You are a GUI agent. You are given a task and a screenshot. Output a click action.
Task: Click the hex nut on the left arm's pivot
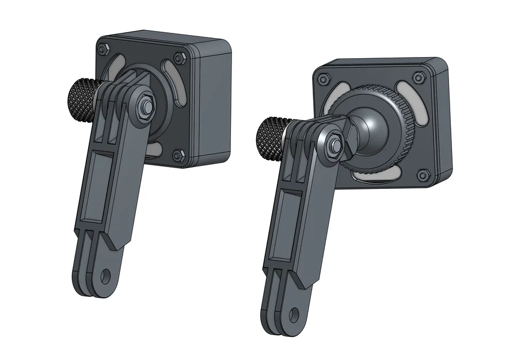[145, 106]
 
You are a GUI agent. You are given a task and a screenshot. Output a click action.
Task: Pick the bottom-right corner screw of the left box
[178, 153]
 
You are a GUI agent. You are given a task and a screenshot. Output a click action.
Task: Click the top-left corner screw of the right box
[326, 78]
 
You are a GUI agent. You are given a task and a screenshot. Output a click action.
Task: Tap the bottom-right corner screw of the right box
[424, 175]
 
